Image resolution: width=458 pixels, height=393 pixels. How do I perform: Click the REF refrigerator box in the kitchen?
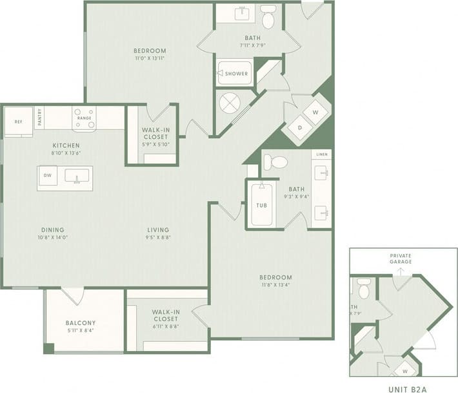pyautogui.click(x=19, y=121)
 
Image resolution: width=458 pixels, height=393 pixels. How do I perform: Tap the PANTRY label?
pyautogui.click(x=39, y=118)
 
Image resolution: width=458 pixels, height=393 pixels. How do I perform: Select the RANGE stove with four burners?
pyautogui.click(x=84, y=118)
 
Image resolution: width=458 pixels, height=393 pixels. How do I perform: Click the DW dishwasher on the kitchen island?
pyautogui.click(x=48, y=175)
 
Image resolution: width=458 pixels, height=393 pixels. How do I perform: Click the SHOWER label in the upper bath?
pyautogui.click(x=236, y=74)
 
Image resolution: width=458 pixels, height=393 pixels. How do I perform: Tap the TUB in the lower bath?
pyautogui.click(x=262, y=206)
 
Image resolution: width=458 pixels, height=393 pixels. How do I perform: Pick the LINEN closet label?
pyautogui.click(x=322, y=154)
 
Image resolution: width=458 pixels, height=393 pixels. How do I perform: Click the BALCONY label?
pyautogui.click(x=81, y=323)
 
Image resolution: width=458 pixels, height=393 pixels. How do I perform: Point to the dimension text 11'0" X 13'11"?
pyautogui.click(x=150, y=59)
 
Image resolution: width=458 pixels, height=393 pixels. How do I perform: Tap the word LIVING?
pyautogui.click(x=158, y=229)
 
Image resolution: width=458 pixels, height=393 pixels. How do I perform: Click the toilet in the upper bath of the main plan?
pyautogui.click(x=269, y=18)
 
